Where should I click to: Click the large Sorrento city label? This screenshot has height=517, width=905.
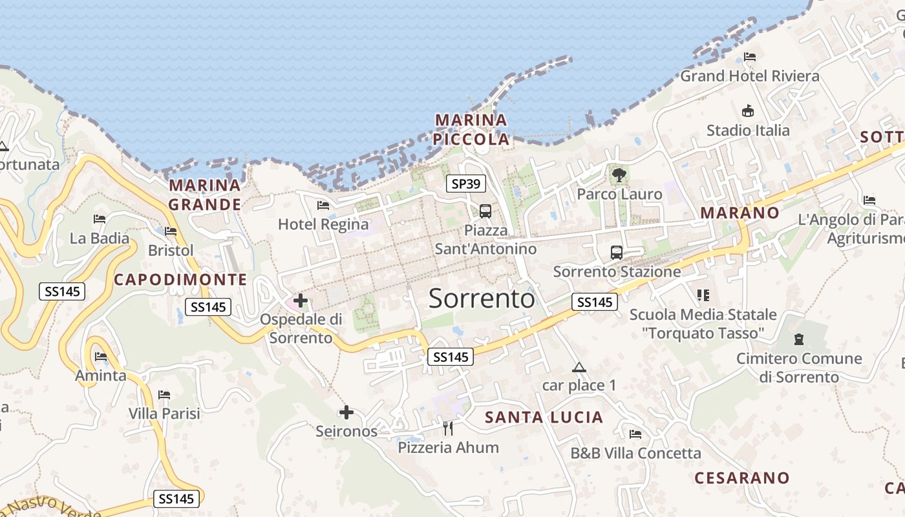pos(482,299)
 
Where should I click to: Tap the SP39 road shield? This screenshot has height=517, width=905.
pos(465,184)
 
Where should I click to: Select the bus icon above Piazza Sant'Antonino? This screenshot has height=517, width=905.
pos(485,211)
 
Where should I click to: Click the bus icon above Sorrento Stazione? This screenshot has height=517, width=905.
pos(616,252)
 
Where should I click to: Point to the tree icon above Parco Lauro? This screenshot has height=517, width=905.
pos(619,174)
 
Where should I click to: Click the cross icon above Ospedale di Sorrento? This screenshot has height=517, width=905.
pos(301,300)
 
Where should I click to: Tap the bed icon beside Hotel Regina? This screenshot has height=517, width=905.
pos(323,206)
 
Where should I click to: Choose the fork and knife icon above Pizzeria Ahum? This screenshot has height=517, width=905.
pos(447,427)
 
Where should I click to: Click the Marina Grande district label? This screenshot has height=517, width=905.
pos(205,195)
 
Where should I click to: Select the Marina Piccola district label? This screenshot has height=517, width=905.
pos(471,129)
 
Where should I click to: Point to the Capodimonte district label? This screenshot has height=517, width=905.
pos(180,280)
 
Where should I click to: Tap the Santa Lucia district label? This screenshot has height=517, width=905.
pos(544,417)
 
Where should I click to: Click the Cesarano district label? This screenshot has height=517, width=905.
pos(742,478)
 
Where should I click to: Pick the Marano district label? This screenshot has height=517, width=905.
pos(740,213)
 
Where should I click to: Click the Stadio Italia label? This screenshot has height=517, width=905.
pos(748,131)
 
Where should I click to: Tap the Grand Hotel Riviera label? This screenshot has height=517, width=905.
pos(750,76)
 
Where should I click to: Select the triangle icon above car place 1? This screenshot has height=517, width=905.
pos(579,368)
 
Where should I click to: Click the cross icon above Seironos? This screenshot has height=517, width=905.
pos(346,412)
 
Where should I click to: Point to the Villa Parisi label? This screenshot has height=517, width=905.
pos(164,413)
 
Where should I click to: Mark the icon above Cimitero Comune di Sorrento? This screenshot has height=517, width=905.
pos(799,339)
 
